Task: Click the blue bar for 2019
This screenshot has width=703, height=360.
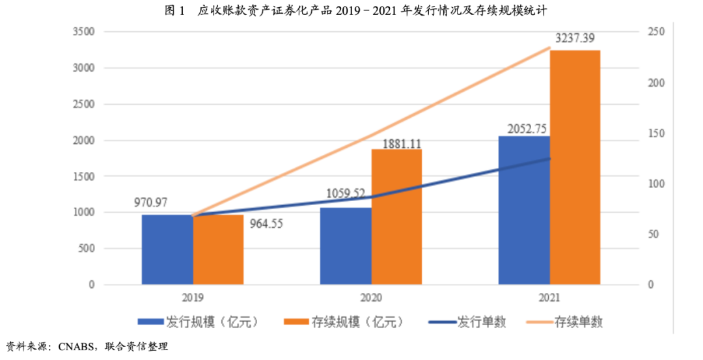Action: [167, 249]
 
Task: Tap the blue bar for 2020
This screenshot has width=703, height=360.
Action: [346, 246]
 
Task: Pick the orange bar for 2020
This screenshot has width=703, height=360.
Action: [396, 217]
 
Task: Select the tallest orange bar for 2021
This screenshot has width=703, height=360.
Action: [575, 167]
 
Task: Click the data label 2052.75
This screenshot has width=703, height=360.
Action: [523, 128]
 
